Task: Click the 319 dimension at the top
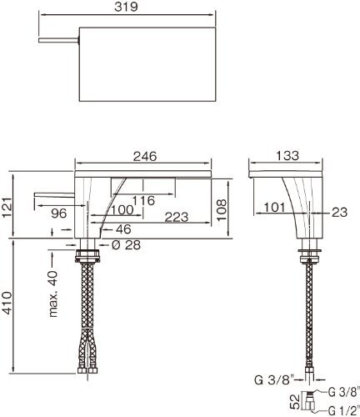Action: (x=126, y=7)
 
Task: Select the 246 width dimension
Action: (x=145, y=157)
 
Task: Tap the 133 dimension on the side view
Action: (x=287, y=156)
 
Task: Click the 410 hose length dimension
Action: (x=7, y=303)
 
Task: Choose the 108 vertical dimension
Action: (x=222, y=210)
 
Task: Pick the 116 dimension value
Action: (x=143, y=200)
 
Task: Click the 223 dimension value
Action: (x=177, y=217)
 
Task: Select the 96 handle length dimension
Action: (x=59, y=214)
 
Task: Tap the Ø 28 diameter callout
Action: (x=126, y=245)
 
